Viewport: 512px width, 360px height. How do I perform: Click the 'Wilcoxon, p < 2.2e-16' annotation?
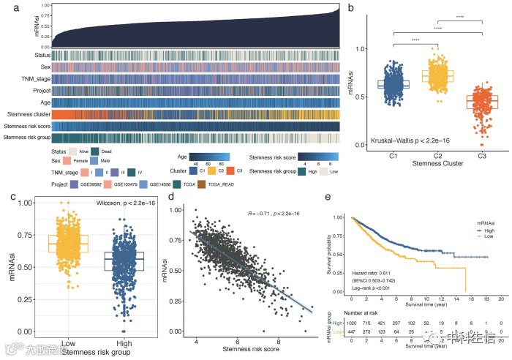point(118,200)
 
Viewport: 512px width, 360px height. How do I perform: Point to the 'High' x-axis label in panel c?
point(125,343)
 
